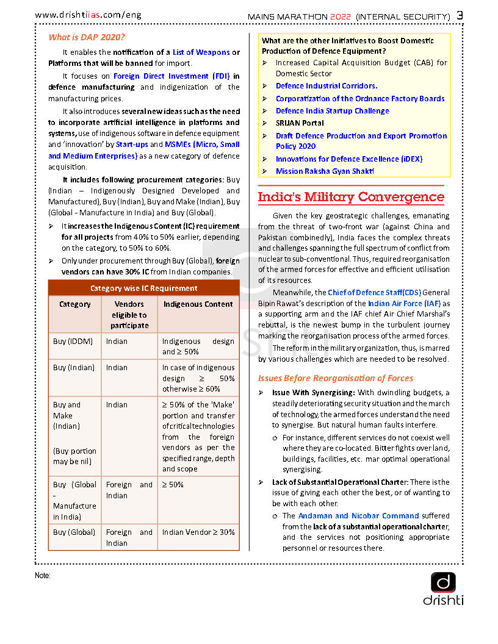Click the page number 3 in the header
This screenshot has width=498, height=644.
click(x=460, y=15)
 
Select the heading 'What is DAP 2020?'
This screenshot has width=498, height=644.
click(x=87, y=37)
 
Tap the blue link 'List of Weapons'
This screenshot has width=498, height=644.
click(x=201, y=52)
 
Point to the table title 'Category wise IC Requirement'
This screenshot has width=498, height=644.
click(x=144, y=288)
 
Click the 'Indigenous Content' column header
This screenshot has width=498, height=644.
click(x=198, y=304)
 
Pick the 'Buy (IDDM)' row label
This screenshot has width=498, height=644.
click(x=73, y=342)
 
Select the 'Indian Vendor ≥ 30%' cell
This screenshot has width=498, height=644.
click(x=198, y=532)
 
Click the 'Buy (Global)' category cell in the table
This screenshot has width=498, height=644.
click(x=74, y=532)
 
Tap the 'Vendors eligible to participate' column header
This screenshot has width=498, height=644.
click(x=129, y=315)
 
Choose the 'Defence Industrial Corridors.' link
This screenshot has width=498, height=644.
click(x=327, y=86)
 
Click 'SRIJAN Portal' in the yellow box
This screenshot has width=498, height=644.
click(x=300, y=123)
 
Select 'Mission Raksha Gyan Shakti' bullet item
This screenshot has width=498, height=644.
click(x=325, y=171)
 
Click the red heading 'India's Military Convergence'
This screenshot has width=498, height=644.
click(x=351, y=197)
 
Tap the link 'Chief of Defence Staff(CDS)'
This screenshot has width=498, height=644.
click(x=374, y=293)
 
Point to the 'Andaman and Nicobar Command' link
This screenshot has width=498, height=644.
click(x=358, y=516)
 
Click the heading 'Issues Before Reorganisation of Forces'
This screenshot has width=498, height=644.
click(x=335, y=378)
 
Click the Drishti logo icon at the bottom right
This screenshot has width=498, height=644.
click(x=443, y=582)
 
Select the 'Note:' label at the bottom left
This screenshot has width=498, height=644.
click(x=43, y=576)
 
